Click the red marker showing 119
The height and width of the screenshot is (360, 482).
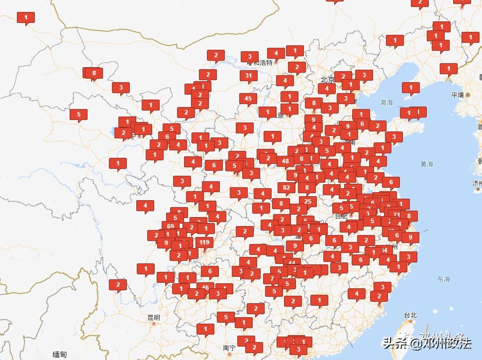[x=204, y=242]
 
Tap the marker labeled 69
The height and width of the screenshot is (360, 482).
[x=171, y=226]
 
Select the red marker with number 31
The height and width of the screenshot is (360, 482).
[x=249, y=76]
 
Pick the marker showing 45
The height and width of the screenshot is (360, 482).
[x=248, y=99]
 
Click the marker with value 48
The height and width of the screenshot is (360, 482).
[x=286, y=161]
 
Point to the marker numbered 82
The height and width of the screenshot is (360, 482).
[x=287, y=188]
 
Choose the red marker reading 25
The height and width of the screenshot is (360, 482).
[x=308, y=202]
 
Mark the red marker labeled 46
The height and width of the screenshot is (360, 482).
[x=205, y=287]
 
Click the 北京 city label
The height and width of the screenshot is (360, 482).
[x=327, y=79]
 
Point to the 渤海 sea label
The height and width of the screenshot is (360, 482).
[x=386, y=103]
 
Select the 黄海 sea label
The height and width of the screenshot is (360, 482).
[x=426, y=164]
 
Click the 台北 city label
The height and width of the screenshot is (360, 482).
[x=410, y=315]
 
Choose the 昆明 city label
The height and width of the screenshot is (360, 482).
[x=154, y=317]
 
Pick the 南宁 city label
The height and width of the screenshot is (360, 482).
[x=229, y=348]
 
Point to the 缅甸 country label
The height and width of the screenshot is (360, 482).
[x=59, y=354]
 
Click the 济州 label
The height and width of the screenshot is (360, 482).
[x=477, y=183]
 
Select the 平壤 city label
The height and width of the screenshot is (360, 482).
[x=458, y=95]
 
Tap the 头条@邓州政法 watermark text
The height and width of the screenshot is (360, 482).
[x=427, y=343]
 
